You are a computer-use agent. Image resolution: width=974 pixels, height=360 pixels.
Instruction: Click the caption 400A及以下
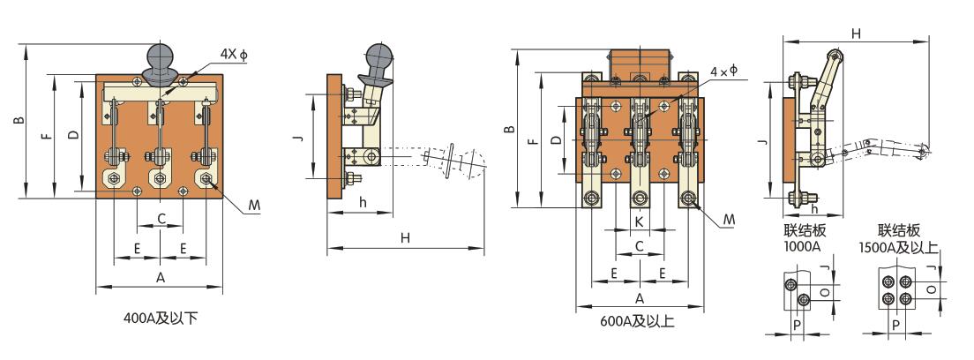coord(161,319)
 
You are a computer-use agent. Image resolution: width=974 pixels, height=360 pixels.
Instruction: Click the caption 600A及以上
coord(637,321)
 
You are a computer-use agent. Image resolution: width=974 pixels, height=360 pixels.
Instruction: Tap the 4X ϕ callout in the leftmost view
coord(234,54)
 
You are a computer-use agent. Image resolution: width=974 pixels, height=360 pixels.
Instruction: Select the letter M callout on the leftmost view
coord(253,205)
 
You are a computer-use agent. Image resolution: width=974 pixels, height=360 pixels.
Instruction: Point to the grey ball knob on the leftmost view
coord(161,62)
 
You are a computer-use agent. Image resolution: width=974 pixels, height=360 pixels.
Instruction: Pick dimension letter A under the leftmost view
coord(161,277)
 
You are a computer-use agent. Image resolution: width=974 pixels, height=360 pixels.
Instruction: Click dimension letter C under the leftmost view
coord(161,218)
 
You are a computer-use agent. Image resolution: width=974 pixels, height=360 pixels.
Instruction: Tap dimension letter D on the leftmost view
coord(72,135)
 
